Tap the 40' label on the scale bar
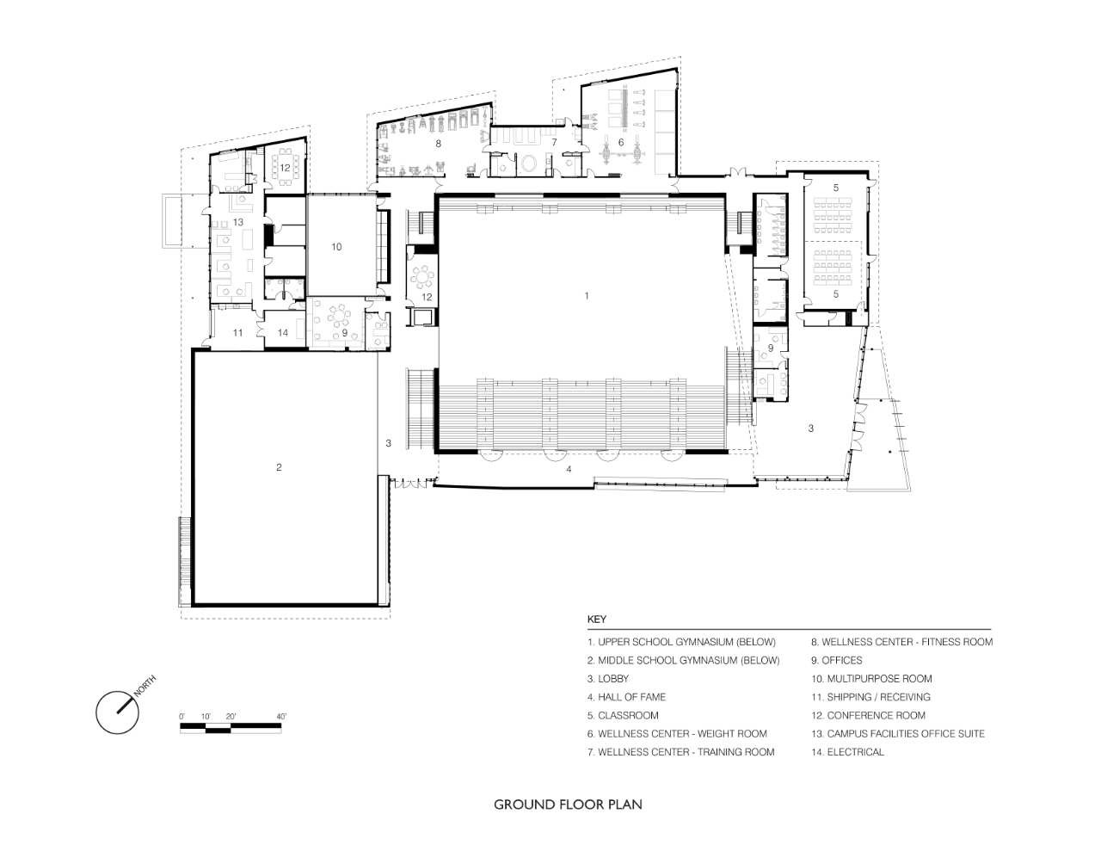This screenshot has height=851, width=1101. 281,717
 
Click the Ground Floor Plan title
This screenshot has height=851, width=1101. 568,805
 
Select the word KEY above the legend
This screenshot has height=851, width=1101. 597,620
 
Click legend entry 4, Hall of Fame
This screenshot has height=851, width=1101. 627,697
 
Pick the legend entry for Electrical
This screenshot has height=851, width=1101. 847,752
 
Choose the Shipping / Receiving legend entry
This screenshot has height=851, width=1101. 871,697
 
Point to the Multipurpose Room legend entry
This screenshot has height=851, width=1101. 871,679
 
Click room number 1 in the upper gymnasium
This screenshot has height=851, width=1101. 587,295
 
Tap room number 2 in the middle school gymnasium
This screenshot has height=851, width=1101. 279,467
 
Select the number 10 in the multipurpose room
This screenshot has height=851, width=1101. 336,247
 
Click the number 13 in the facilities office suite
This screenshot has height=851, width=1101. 238,222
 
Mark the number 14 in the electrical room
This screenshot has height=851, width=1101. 283,332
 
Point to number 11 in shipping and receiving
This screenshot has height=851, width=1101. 237,332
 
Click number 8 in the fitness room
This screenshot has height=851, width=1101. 439,144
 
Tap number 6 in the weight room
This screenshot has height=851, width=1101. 621,143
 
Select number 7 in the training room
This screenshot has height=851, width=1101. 554,143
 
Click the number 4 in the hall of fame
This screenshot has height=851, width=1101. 569,469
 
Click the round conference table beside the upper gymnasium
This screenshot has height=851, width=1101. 422,278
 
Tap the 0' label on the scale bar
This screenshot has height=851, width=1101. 181,717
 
